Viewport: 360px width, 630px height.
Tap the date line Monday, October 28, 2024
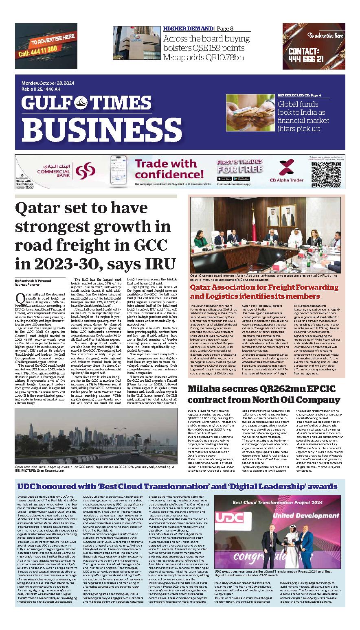(x=46, y=84)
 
